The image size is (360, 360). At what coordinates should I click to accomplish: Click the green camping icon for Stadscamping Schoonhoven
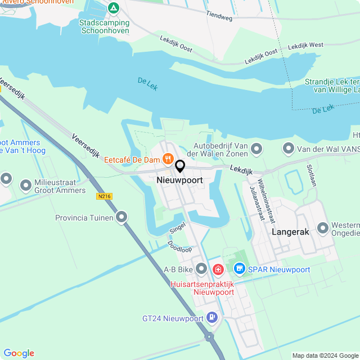[x=114, y=8]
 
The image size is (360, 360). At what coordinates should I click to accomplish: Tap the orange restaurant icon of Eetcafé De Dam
[x=167, y=160]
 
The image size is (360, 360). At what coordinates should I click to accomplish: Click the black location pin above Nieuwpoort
[x=180, y=166]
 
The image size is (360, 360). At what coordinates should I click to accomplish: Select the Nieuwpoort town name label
[x=179, y=180]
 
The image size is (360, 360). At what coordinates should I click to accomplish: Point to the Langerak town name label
[x=291, y=231]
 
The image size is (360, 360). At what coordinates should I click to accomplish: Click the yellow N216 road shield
[x=104, y=196]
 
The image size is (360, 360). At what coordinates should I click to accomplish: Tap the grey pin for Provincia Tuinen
[x=122, y=217]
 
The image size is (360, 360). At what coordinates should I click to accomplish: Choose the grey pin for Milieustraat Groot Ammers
[x=25, y=184]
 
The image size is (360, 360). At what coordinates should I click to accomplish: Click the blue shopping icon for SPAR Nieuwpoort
[x=240, y=269]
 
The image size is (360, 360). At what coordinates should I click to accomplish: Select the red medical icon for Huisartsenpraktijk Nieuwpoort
[x=218, y=270]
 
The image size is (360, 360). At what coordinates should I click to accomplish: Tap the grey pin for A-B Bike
[x=201, y=269]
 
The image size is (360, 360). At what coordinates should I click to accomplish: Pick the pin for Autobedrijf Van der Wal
[x=256, y=149]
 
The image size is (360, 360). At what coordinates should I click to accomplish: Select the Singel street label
[x=177, y=228]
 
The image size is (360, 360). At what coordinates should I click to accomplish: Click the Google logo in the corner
[x=19, y=353]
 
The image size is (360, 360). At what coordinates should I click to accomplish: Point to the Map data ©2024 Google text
[x=325, y=355]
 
